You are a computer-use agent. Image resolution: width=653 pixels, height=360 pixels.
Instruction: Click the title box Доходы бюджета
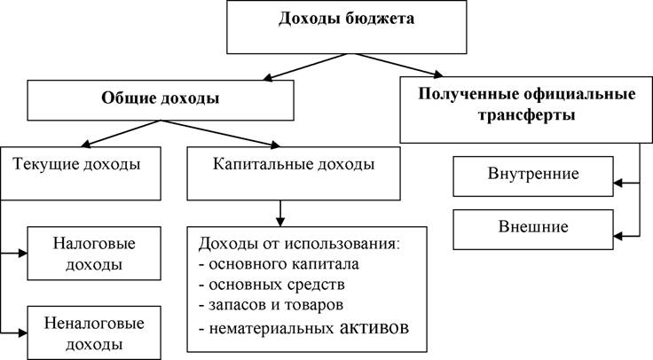point(347,27)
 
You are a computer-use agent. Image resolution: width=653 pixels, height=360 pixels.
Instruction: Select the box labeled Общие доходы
point(161,100)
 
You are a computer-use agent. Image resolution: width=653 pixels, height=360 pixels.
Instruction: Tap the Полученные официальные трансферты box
point(526,110)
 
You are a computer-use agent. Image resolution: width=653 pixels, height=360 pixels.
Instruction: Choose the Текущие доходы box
point(81,174)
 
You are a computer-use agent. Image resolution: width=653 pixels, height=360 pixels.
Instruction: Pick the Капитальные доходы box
point(294,174)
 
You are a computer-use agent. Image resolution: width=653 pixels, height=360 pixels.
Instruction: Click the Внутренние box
point(533,176)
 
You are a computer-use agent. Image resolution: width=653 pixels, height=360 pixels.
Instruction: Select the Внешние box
point(533,230)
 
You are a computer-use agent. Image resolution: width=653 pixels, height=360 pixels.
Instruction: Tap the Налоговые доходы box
point(94,254)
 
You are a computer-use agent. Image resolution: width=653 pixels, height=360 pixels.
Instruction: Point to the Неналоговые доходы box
point(94,333)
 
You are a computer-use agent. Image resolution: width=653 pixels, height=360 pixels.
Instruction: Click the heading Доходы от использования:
point(299,243)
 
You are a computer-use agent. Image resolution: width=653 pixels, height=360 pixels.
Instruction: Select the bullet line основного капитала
point(279,264)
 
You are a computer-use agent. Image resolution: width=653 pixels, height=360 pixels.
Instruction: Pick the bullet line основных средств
point(271,285)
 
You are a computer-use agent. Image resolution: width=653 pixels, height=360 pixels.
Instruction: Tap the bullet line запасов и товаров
point(271,305)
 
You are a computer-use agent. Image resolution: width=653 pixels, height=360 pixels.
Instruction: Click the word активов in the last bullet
point(374,327)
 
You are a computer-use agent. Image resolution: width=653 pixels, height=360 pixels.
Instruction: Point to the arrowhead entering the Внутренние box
point(618,183)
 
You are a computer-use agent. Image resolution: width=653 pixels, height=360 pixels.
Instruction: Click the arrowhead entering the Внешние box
point(618,236)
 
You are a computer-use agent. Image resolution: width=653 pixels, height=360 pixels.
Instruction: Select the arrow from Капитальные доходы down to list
point(280,214)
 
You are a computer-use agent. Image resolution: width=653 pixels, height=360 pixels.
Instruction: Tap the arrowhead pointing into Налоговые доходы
point(23,253)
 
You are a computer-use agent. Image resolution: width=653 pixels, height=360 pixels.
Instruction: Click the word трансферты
point(526,115)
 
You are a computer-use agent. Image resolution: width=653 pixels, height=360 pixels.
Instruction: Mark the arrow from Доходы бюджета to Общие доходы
point(306,67)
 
